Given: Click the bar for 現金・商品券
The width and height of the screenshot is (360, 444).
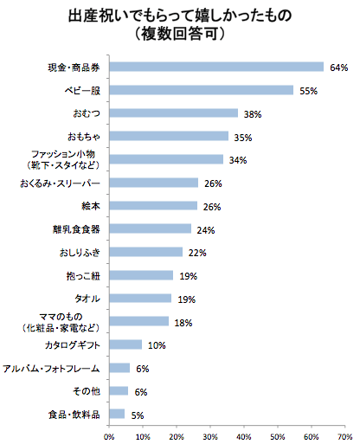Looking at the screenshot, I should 216,67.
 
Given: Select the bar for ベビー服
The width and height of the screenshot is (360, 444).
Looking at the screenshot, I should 202,90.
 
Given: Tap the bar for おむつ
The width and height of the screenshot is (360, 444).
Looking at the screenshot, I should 173,113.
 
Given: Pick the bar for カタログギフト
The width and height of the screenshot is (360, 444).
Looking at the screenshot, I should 125,345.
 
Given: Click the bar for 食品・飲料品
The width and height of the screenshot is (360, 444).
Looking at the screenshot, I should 117,415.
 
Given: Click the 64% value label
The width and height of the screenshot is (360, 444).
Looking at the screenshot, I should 338,67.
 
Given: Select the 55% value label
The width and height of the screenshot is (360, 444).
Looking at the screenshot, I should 308,90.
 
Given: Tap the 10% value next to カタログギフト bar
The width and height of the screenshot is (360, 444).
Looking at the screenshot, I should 157,345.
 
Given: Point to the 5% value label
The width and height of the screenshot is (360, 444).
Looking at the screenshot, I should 138,415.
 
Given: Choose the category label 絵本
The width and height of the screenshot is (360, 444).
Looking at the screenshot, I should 90,206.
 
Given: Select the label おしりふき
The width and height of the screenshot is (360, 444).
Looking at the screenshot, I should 80,253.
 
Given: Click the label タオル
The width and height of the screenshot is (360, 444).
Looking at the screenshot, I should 89,299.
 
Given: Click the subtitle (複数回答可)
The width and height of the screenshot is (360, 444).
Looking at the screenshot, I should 180,35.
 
